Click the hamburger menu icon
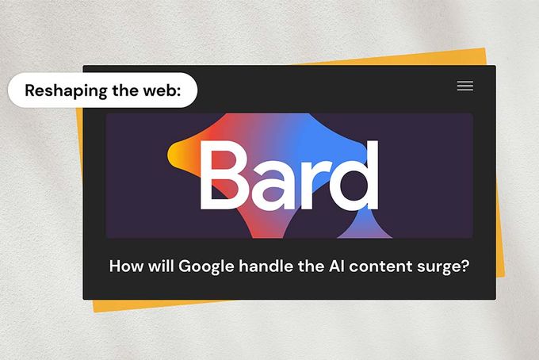pyautogui.click(x=465, y=86)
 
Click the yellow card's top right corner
pyautogui.click(x=483, y=50)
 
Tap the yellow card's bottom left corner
pyautogui.click(x=94, y=310)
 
